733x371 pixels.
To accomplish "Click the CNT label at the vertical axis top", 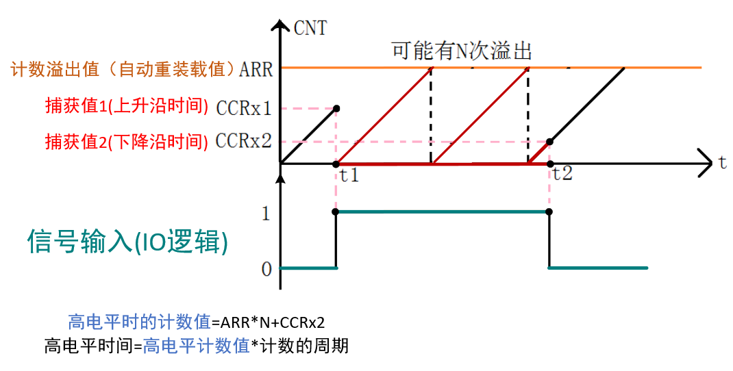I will (310, 28).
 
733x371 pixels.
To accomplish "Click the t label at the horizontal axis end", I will (723, 162).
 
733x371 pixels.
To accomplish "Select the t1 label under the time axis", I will (349, 175).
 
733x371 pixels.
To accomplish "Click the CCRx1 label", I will (244, 108).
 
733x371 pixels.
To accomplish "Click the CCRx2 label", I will (244, 141).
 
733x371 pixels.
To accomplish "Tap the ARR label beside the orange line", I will (258, 69).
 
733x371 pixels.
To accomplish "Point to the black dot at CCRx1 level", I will (336, 108).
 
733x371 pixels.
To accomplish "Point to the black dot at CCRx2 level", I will (549, 142).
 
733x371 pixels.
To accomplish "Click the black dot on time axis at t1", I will (336, 164).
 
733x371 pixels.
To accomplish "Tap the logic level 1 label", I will (266, 214).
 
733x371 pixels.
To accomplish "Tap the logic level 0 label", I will (266, 268).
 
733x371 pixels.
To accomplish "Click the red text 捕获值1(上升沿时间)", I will (126, 107).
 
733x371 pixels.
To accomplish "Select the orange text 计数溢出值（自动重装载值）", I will (123, 69).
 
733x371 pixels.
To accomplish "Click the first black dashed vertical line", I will (431, 116).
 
